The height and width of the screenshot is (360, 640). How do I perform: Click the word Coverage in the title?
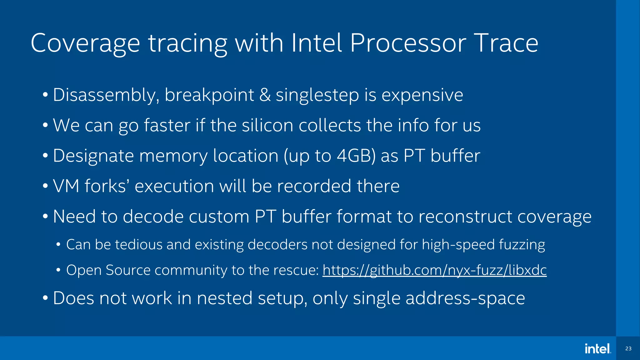(x=85, y=44)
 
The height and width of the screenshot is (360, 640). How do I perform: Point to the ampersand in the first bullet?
(x=265, y=95)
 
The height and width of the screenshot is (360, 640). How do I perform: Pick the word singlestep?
(x=317, y=95)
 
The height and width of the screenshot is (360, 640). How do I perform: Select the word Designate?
(x=93, y=156)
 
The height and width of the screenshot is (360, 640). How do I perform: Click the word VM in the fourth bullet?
(x=66, y=186)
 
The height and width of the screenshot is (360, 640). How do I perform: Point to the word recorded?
(x=314, y=186)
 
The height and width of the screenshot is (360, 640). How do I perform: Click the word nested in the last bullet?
(x=224, y=298)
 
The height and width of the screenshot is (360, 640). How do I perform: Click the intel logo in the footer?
(x=597, y=349)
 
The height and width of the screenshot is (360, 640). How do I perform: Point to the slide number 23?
(x=628, y=349)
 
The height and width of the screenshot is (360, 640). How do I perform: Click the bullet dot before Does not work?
(x=45, y=298)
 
